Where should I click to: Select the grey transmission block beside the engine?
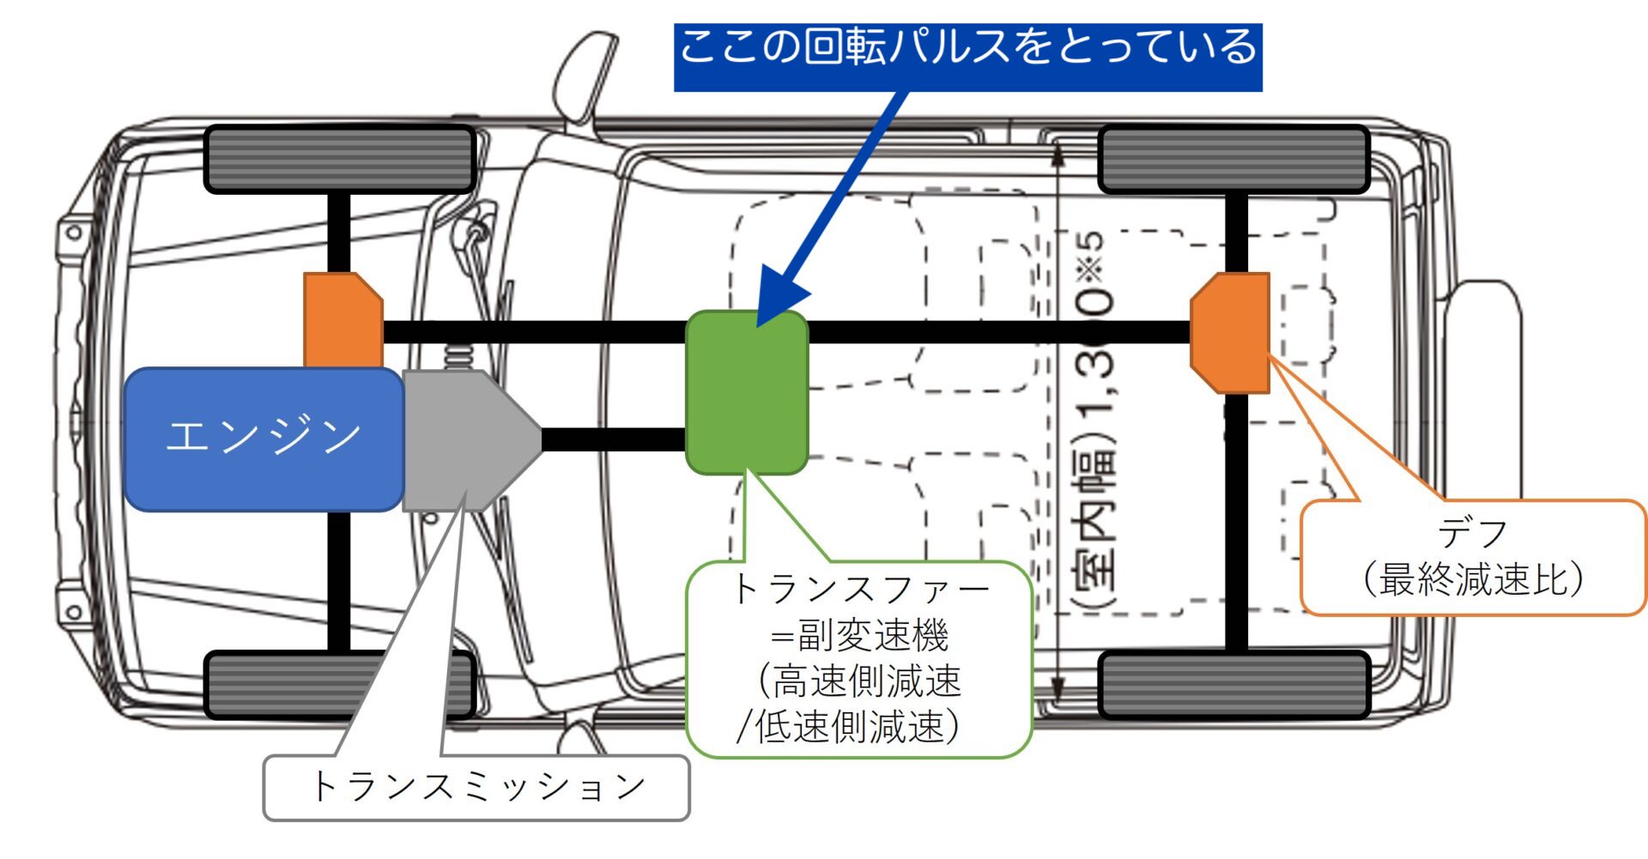[463, 440]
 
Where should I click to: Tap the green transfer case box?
[747, 392]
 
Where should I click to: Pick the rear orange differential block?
[1233, 332]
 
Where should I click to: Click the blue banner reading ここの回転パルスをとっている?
[967, 57]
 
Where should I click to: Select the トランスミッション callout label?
[476, 788]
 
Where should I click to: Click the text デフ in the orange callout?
[1473, 534]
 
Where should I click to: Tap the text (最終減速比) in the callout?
[1473, 578]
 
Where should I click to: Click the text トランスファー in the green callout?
[859, 590]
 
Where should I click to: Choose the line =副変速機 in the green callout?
[859, 636]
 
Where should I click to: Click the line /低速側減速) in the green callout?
[850, 726]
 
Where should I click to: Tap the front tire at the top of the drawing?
[339, 160]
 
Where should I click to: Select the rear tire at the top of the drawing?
[1234, 160]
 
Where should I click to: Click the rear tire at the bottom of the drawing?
[1234, 685]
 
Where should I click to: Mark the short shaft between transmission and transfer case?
[614, 440]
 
